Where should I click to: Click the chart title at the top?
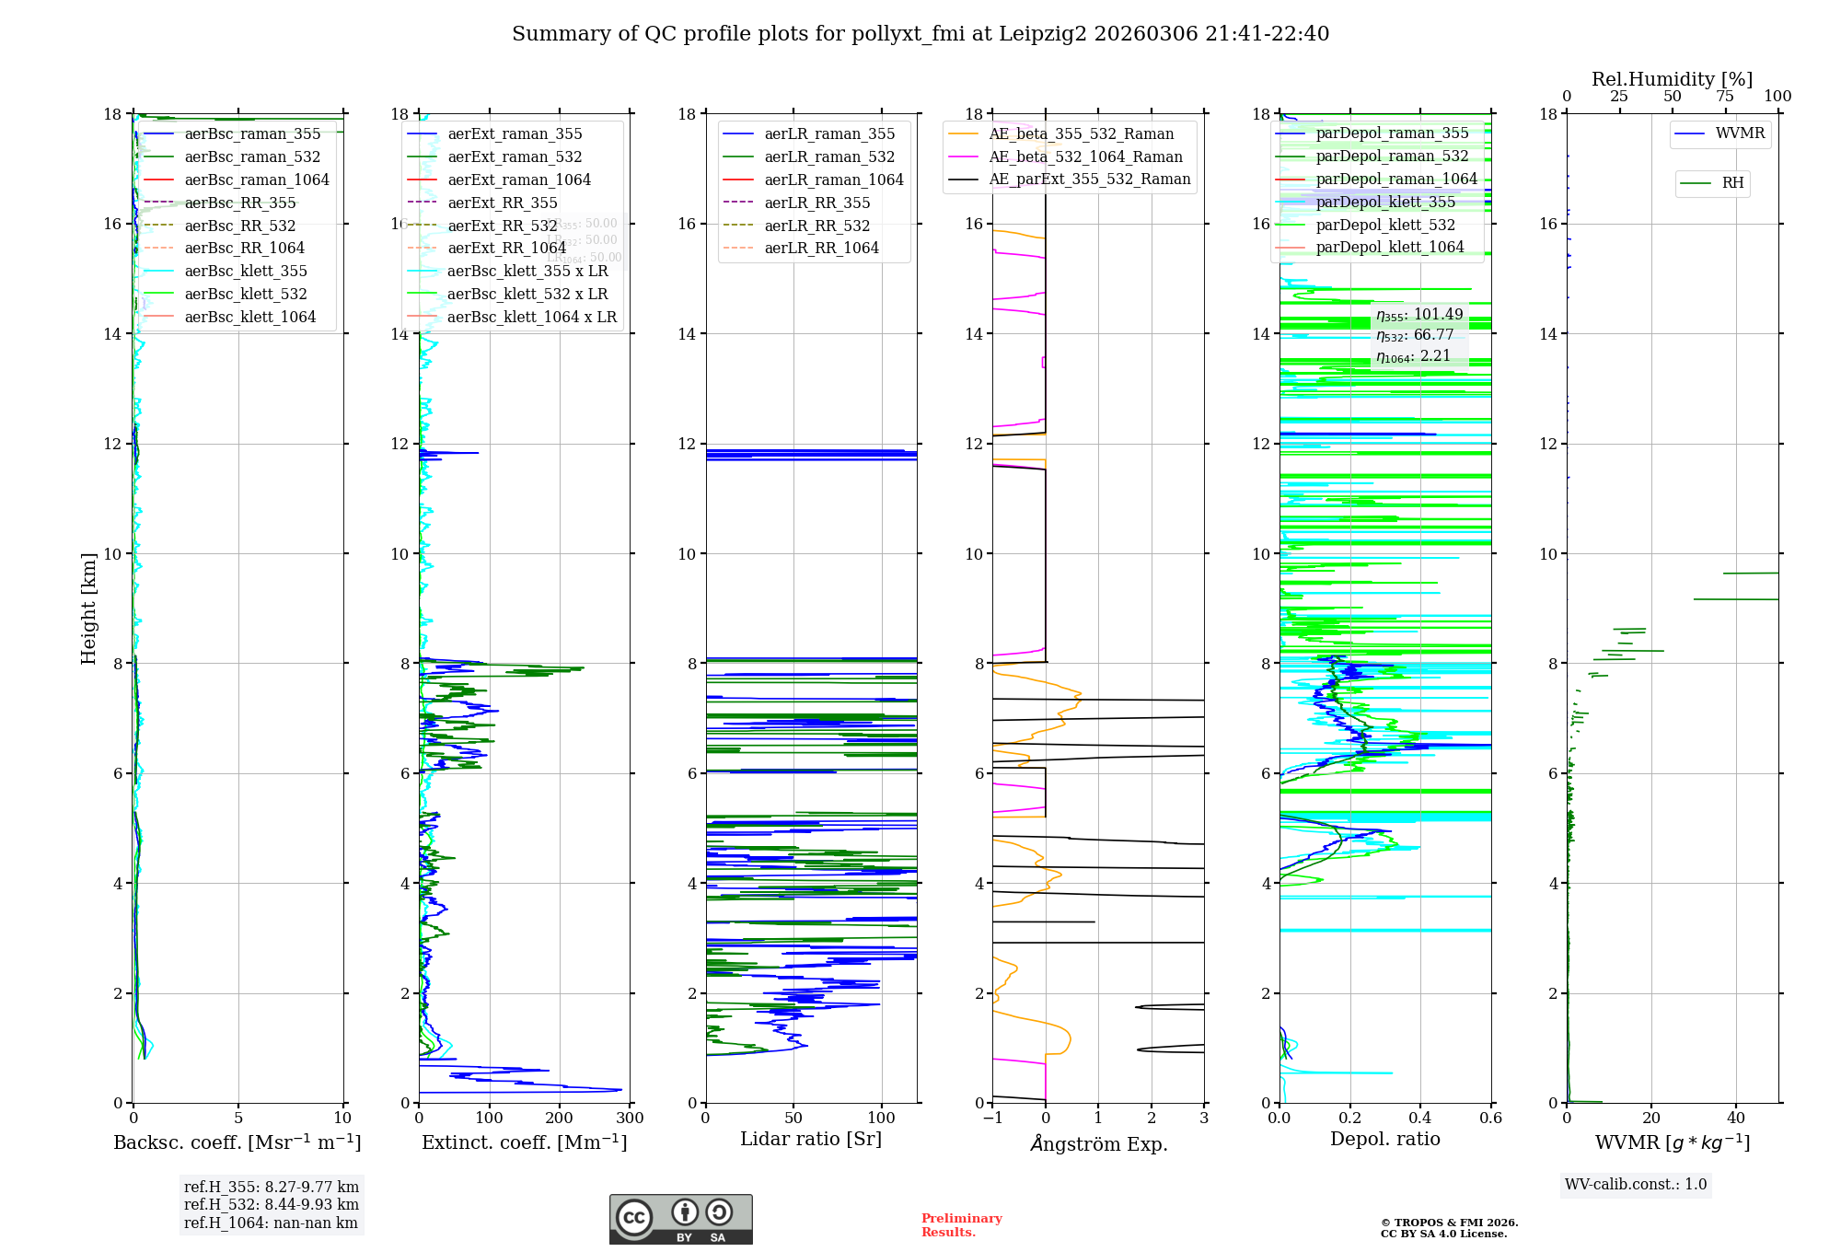[x=920, y=34]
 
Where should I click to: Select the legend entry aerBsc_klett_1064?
[x=249, y=317]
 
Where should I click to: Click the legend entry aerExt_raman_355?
[x=515, y=134]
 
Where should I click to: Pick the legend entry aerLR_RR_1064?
[x=821, y=248]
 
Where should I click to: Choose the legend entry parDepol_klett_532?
[x=1385, y=225]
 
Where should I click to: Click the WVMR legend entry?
[x=1739, y=133]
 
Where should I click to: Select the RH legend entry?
[x=1731, y=183]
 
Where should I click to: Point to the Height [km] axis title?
[x=88, y=608]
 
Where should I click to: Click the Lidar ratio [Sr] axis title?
[x=811, y=1139]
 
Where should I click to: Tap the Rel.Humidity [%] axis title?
[x=1672, y=79]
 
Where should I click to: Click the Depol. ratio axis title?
[x=1384, y=1139]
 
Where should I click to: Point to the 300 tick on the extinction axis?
[x=630, y=1119]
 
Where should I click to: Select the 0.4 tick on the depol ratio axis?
[x=1420, y=1119]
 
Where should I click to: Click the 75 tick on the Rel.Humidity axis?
[x=1725, y=97]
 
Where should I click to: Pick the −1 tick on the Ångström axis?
[x=992, y=1119]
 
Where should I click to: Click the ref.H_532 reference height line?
[x=271, y=1204]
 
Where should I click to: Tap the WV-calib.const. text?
[x=1636, y=1185]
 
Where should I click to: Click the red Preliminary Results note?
[x=961, y=1225]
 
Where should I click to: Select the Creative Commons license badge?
[x=680, y=1219]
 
